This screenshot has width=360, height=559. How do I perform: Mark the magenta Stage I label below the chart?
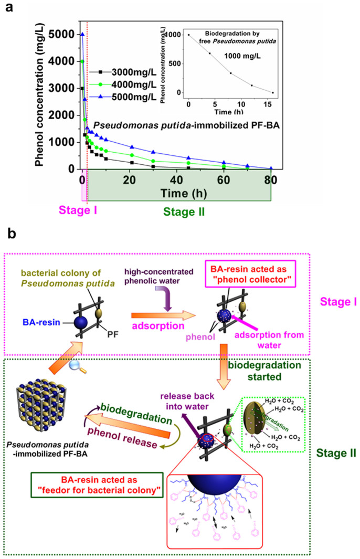click(x=79, y=210)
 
